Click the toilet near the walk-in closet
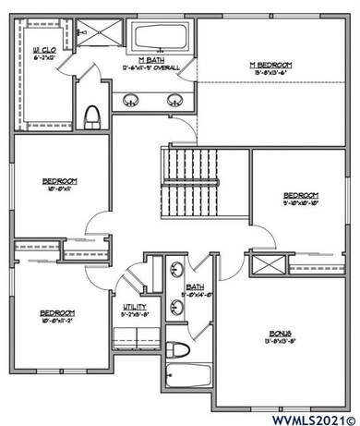91,116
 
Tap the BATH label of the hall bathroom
195,287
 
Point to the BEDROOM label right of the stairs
300,196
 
